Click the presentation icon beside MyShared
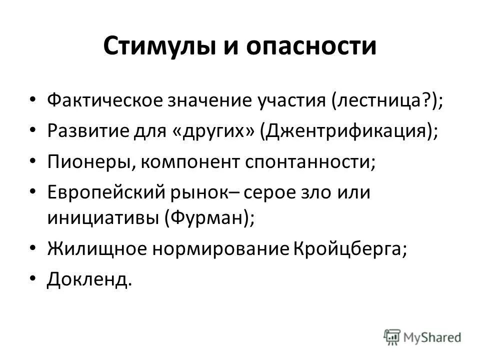click(x=392, y=337)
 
